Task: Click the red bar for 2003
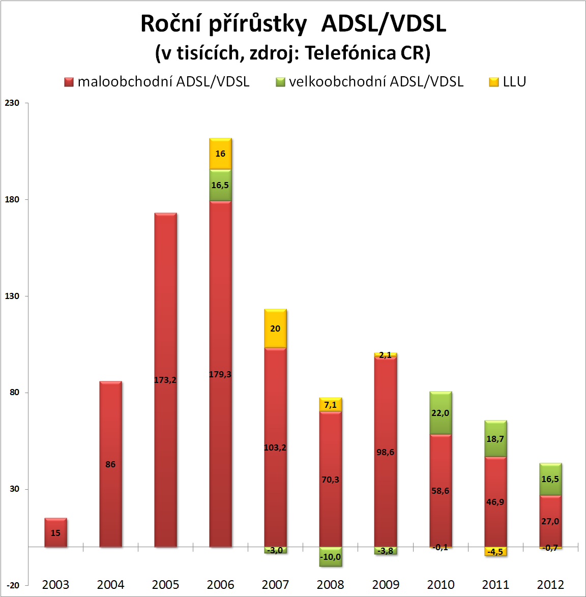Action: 55,532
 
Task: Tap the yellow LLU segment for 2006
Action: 220,154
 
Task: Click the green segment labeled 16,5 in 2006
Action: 220,185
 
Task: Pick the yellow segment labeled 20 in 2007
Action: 275,329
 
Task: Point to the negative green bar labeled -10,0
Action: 331,557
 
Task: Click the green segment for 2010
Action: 441,413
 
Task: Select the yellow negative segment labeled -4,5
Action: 495,552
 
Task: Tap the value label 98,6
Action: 386,452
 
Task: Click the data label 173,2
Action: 165,380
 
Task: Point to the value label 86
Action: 110,464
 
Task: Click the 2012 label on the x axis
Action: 550,585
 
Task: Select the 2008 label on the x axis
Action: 331,585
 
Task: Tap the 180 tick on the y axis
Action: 12,199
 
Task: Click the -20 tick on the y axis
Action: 12,585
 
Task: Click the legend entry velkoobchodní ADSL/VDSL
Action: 370,82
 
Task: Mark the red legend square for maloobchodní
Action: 69,82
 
